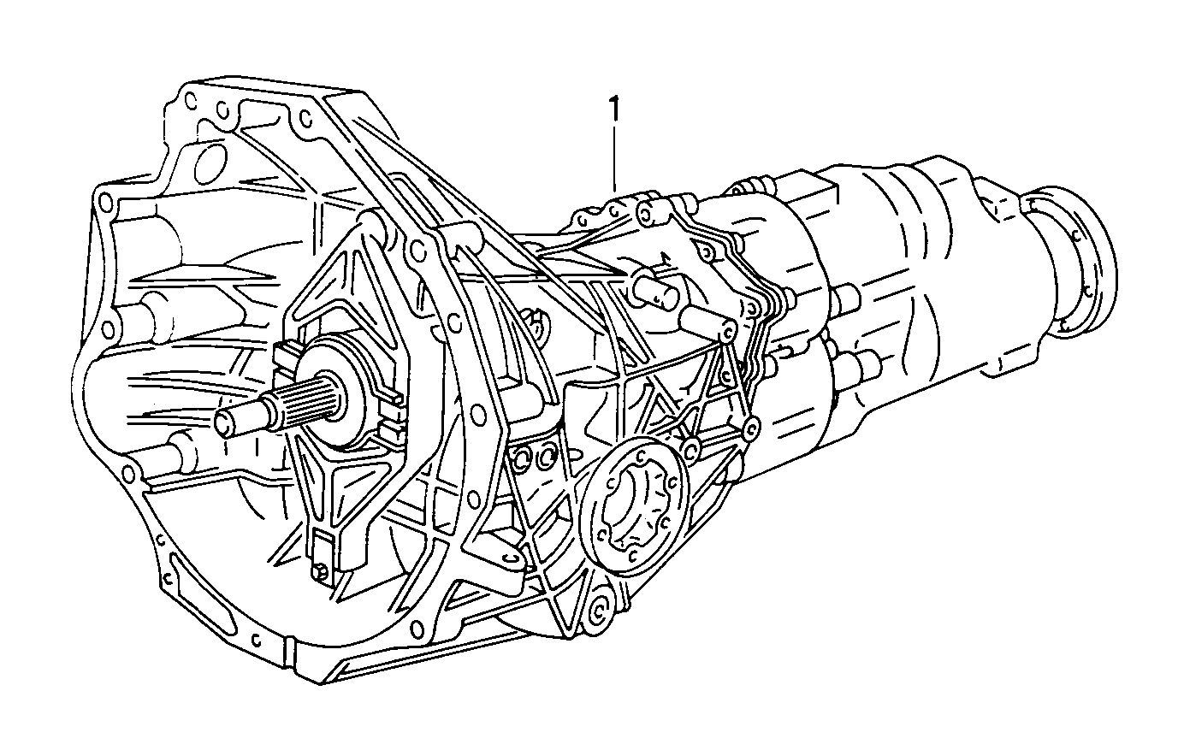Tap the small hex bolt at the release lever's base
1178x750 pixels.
click(322, 572)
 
